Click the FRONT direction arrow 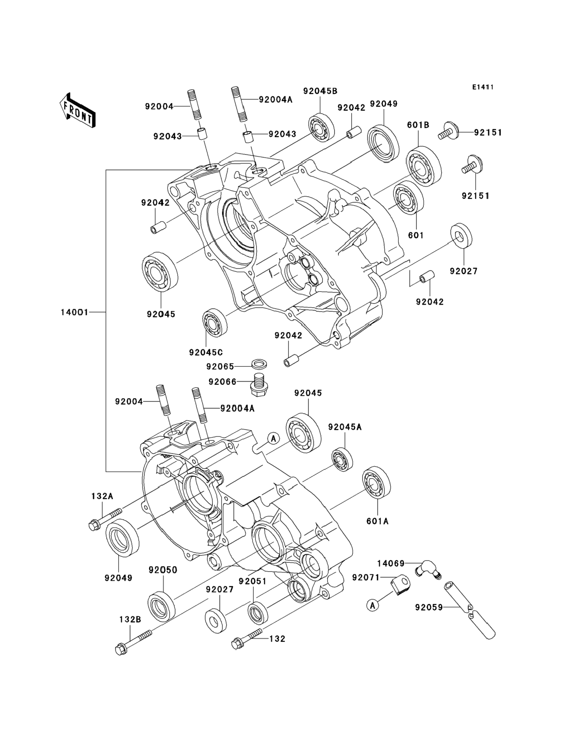tap(77, 110)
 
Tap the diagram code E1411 tap(483, 87)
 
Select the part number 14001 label tap(74, 312)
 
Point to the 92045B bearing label tap(320, 91)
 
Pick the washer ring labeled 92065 tap(259, 364)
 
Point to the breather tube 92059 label tap(429, 607)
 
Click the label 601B tap(418, 125)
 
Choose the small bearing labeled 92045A tap(342, 459)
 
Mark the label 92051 tap(252, 581)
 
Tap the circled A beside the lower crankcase tap(274, 439)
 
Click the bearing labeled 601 tap(408, 197)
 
